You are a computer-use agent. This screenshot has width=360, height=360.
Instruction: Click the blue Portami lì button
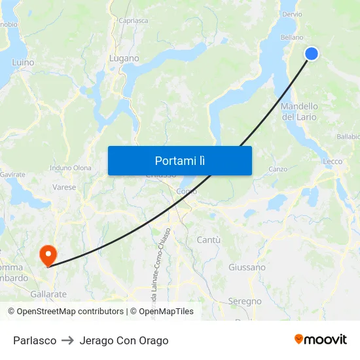179,160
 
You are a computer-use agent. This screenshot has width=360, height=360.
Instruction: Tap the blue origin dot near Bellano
312,54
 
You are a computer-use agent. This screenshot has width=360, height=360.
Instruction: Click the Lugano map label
124,58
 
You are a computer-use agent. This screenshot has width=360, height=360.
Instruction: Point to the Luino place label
23,63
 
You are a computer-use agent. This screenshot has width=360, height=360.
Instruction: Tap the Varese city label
64,187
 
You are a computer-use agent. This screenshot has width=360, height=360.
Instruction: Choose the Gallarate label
48,295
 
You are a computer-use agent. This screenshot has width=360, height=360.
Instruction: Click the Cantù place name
208,240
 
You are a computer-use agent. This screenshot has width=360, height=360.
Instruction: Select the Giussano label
247,267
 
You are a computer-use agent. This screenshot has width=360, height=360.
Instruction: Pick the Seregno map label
245,302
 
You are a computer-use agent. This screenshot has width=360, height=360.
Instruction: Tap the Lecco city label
332,162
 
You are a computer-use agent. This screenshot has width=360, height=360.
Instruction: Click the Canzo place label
278,169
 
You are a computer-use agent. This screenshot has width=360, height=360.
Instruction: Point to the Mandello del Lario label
299,111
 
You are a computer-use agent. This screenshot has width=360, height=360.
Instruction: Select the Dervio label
291,14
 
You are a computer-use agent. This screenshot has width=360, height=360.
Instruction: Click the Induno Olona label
71,168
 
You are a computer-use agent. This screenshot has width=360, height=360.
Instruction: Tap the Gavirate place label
12,175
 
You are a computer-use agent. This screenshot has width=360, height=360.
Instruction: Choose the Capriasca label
134,21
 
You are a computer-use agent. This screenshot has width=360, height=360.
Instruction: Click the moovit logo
320,340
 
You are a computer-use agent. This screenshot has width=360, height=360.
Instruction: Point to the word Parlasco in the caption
35,340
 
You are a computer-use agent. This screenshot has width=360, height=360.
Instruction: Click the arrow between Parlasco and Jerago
68,340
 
